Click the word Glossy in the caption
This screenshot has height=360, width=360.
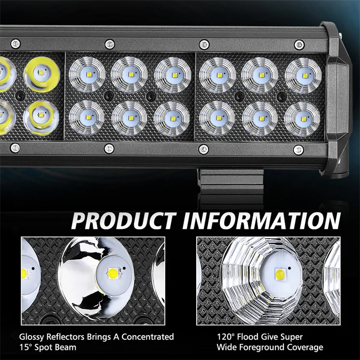point(32,337)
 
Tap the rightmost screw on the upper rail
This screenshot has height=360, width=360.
point(299,45)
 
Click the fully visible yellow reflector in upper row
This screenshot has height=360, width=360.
point(41,73)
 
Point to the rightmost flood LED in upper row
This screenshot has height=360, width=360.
point(303,74)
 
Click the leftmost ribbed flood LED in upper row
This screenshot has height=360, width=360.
point(87,74)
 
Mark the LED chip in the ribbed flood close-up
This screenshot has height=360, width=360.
point(280,275)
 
